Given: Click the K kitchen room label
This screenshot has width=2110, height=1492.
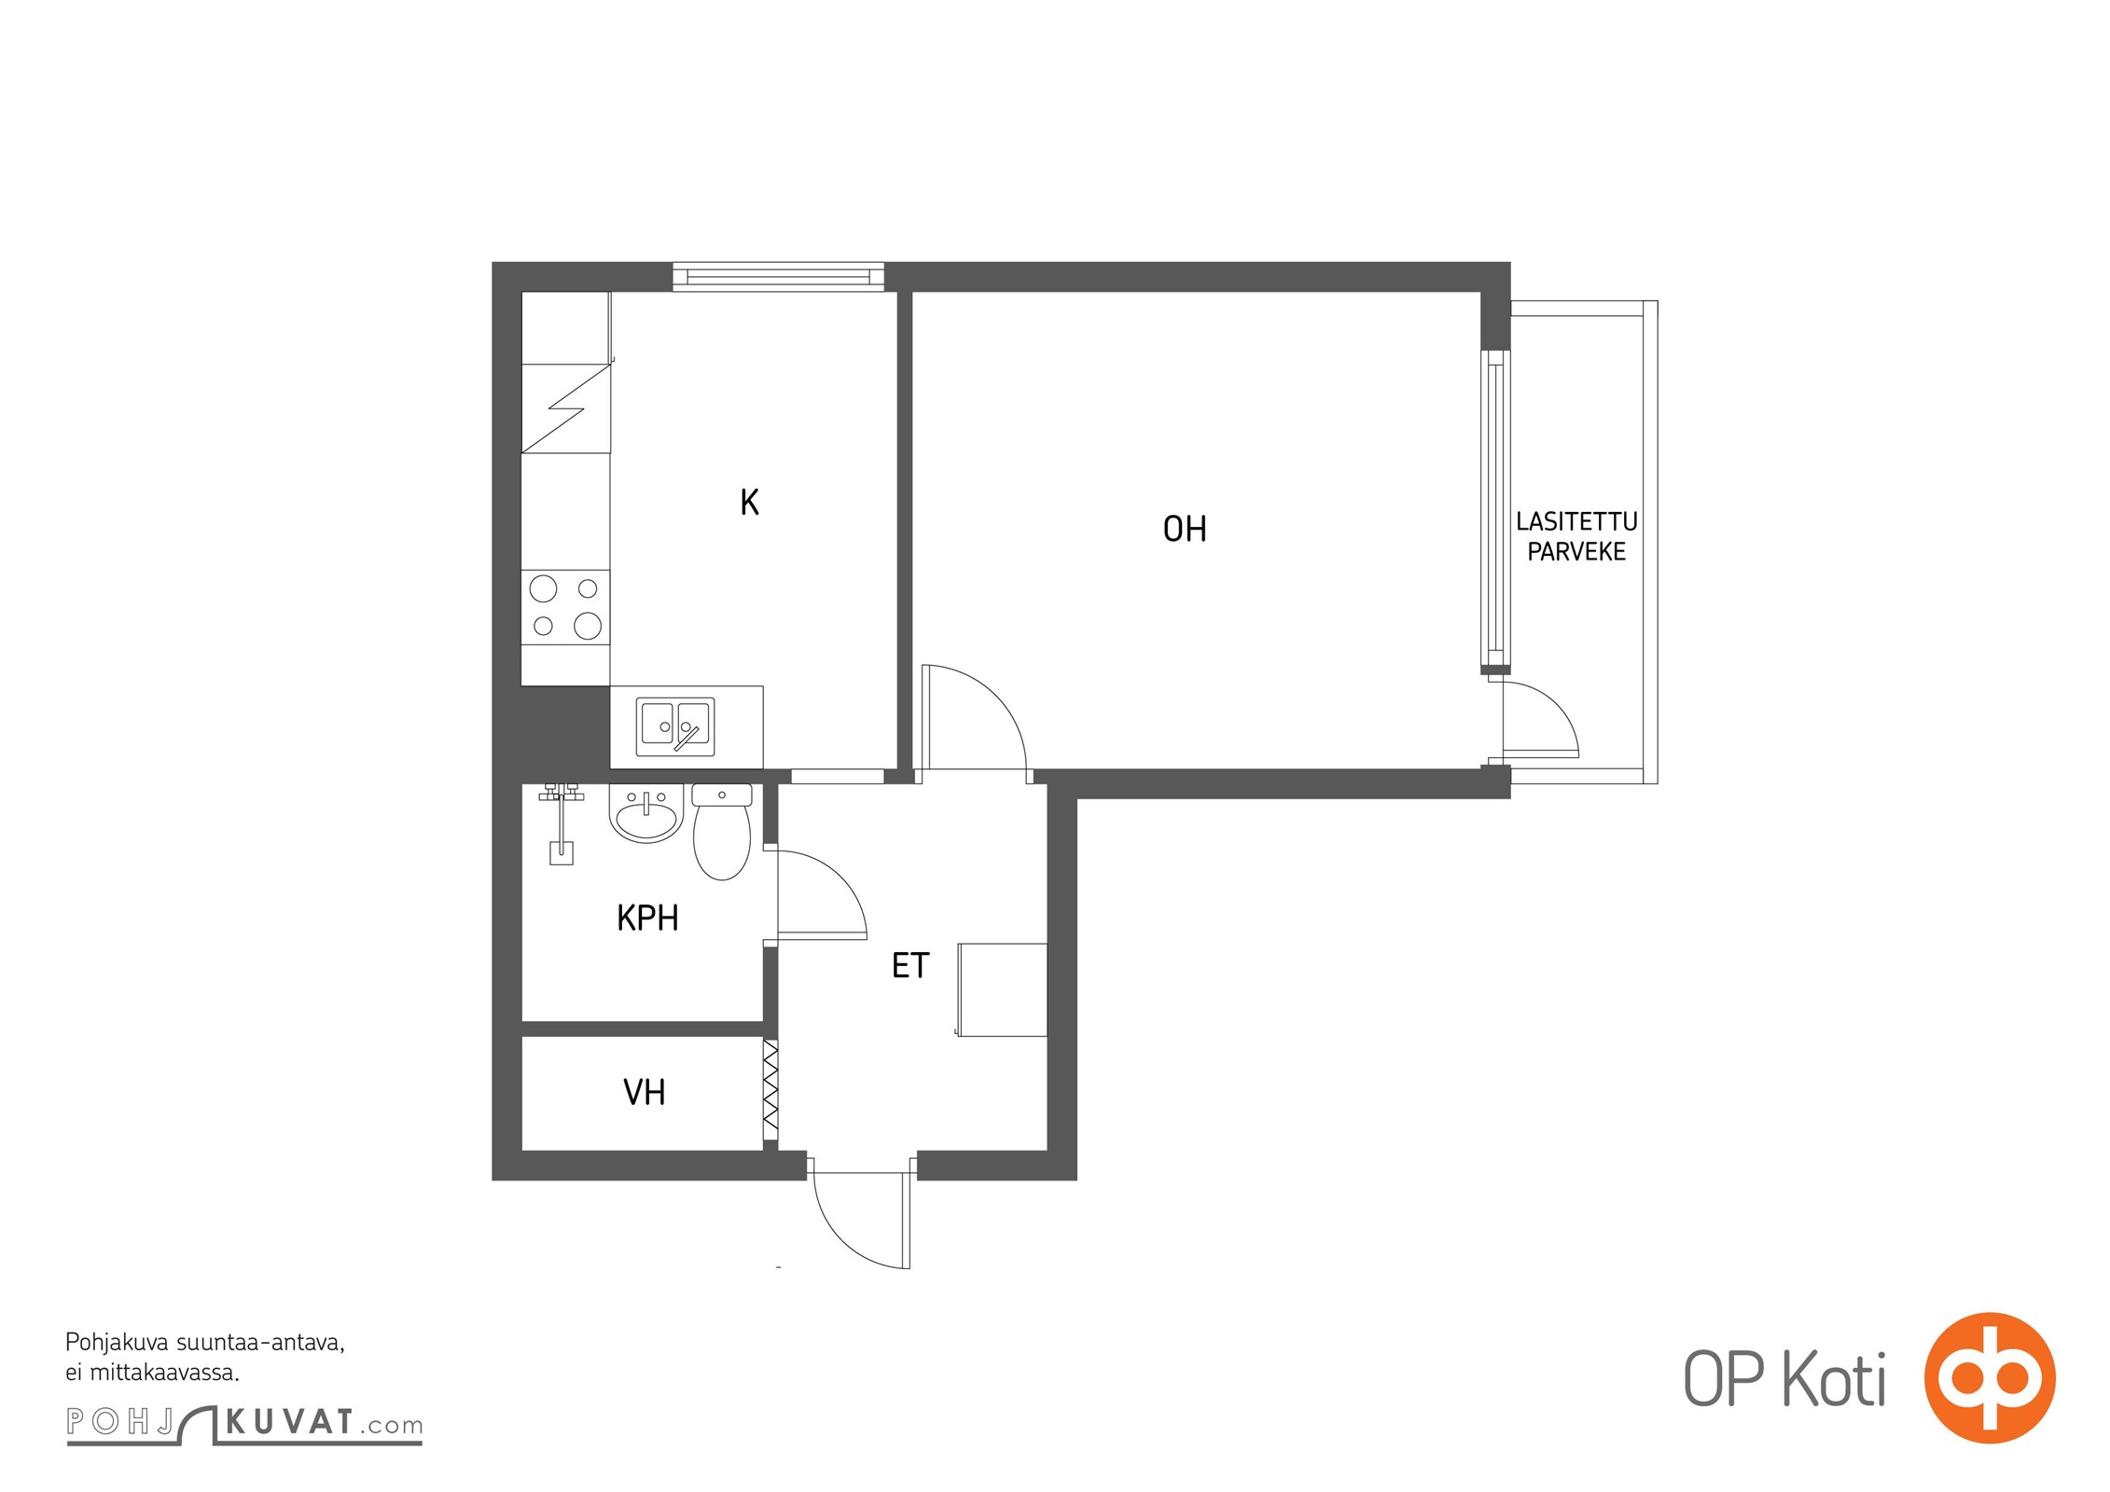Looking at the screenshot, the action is [749, 503].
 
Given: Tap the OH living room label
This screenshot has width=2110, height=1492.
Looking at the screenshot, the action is [1185, 530].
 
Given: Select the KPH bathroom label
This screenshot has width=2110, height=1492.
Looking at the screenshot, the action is [647, 919].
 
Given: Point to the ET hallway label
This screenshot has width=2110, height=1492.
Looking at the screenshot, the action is [910, 965].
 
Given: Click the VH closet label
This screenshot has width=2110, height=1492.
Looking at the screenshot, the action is [645, 1092].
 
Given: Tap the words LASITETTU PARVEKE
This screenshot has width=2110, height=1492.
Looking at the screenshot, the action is [1576, 536].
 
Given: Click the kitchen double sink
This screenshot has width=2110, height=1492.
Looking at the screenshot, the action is [675, 726].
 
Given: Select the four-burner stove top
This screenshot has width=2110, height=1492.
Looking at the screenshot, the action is [565, 607].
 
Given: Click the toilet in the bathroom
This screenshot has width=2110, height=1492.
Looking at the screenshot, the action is [722, 832].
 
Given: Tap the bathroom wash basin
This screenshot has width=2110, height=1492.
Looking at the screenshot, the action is [646, 813].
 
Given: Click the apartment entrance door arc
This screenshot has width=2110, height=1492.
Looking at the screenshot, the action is [840, 1241].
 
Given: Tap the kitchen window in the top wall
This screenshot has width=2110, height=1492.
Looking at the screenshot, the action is [778, 277].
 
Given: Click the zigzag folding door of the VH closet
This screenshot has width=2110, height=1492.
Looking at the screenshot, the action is [770, 1088].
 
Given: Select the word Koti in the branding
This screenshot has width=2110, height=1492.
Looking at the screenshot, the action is [1835, 1379].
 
